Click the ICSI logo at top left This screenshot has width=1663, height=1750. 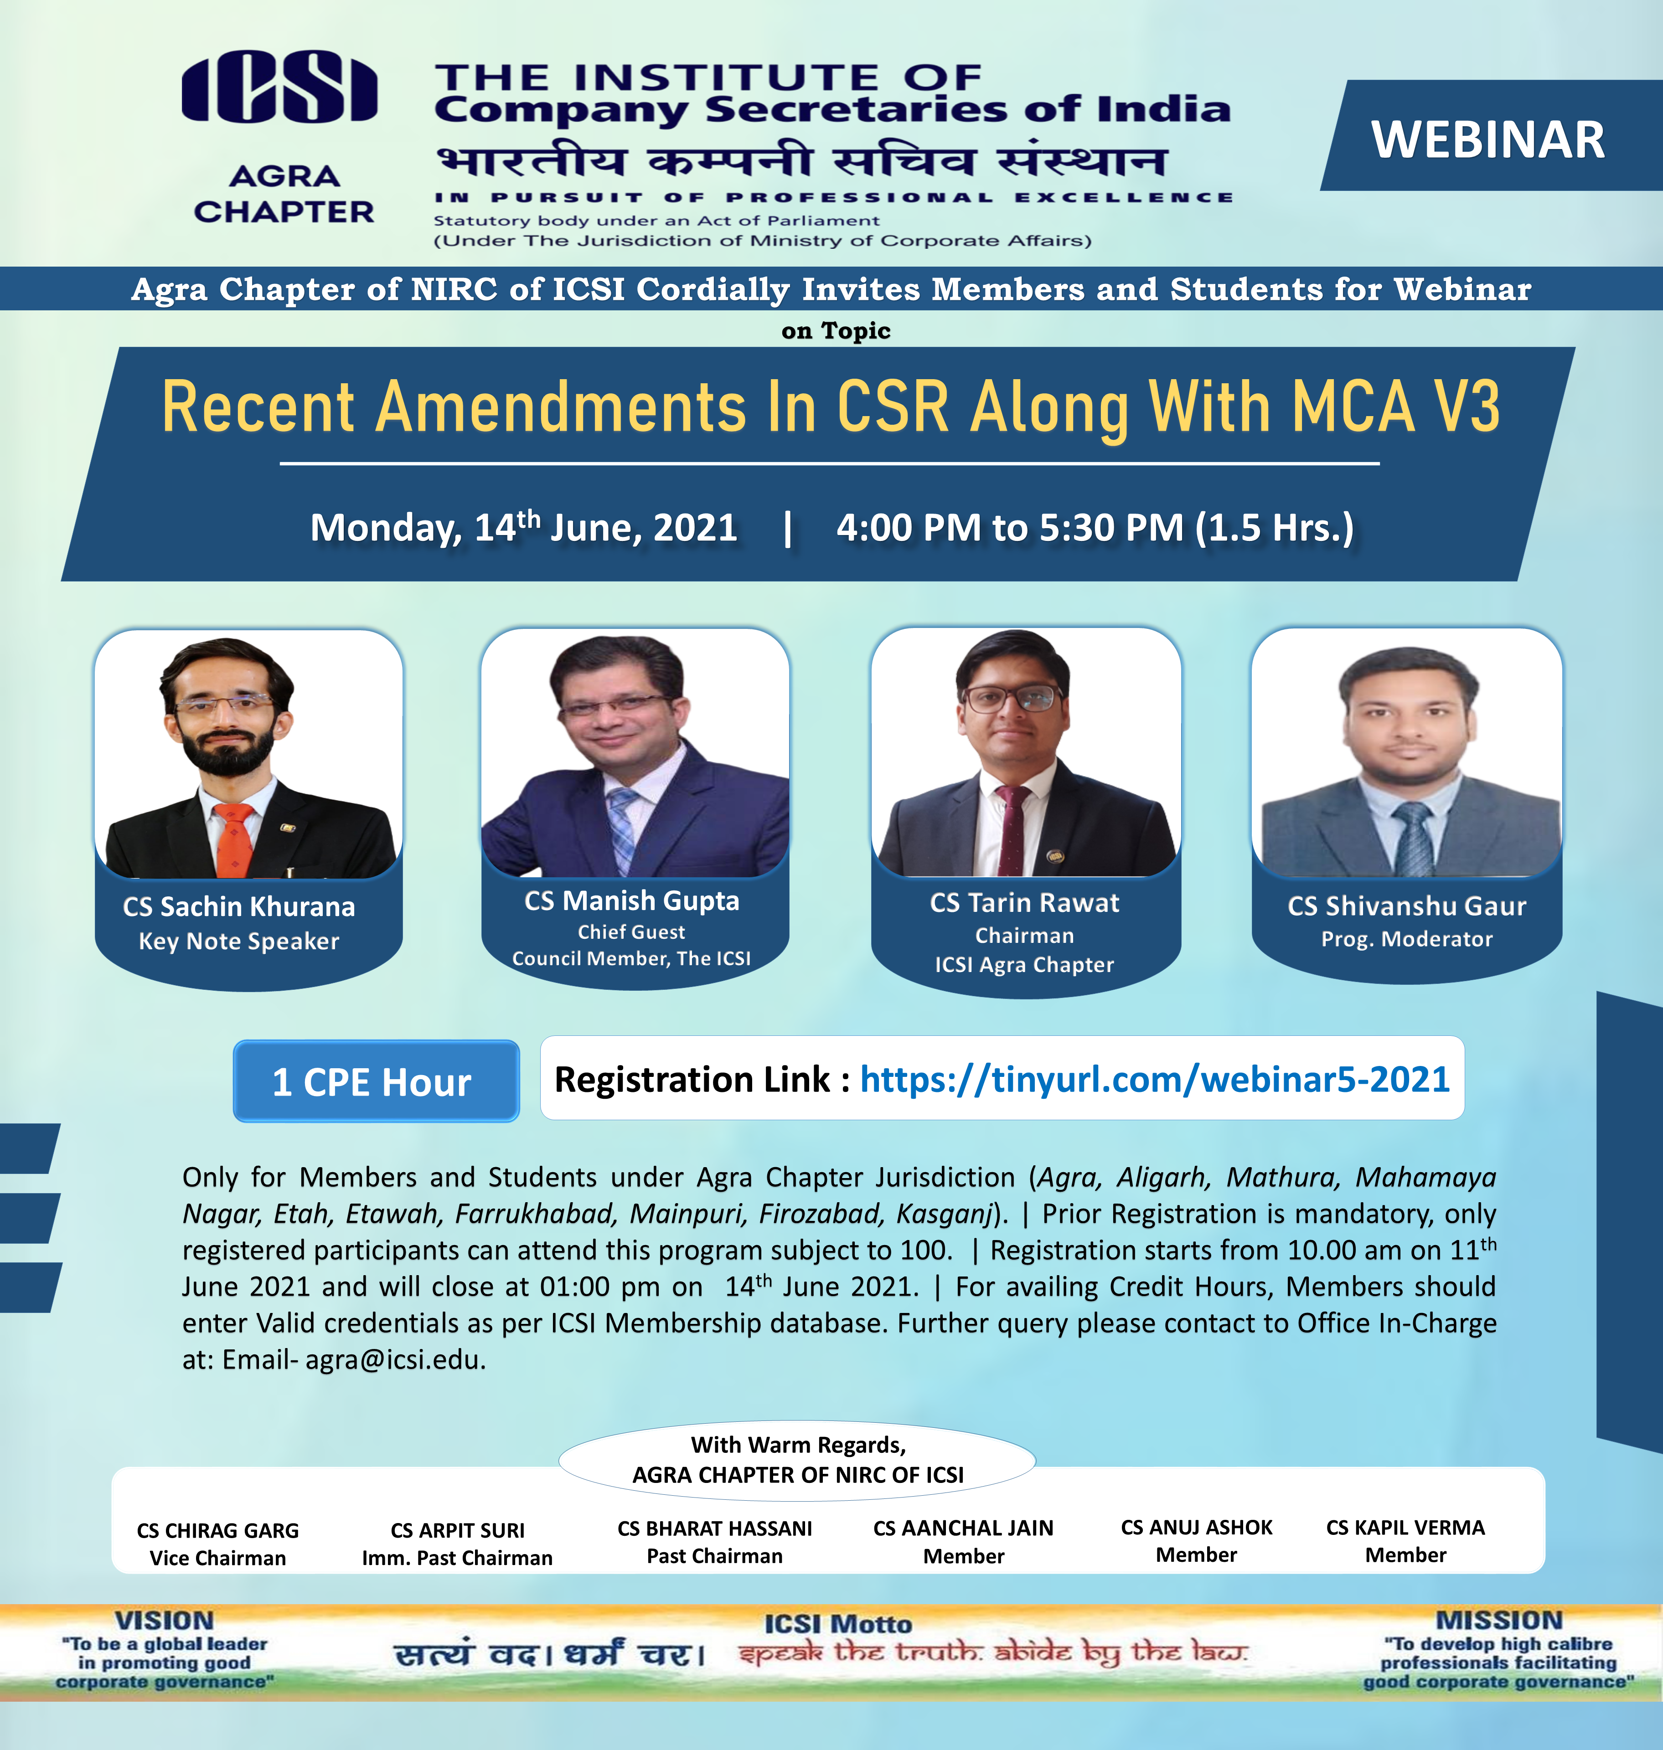pyautogui.click(x=279, y=87)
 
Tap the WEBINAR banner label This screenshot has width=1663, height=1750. pyautogui.click(x=1487, y=140)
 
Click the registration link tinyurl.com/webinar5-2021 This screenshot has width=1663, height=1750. pyautogui.click(x=1154, y=1079)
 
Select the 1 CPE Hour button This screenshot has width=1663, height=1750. pyautogui.click(x=376, y=1081)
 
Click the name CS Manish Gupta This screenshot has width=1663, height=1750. pyautogui.click(x=631, y=901)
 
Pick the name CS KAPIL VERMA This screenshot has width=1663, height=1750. pyautogui.click(x=1405, y=1528)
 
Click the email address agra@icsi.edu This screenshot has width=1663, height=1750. pyautogui.click(x=394, y=1359)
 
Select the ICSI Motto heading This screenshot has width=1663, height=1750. pyautogui.click(x=838, y=1624)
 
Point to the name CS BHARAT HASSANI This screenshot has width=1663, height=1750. pyautogui.click(x=714, y=1529)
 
